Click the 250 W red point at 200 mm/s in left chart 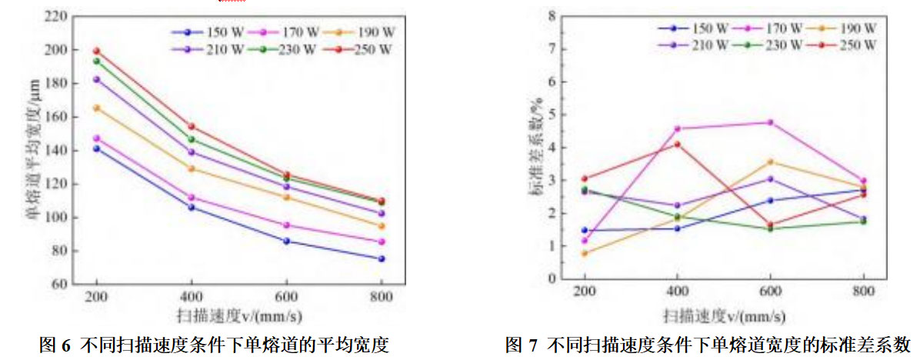click(x=97, y=52)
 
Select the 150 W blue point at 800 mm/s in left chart click(x=381, y=258)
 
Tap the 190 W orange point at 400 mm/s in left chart click(x=192, y=168)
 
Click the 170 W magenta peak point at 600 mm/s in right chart click(x=770, y=122)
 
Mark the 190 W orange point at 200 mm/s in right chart click(x=585, y=253)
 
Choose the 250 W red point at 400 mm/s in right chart click(x=677, y=144)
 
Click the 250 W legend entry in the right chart click(x=838, y=45)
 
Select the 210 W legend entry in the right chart click(x=693, y=45)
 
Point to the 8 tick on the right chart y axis click(x=551, y=15)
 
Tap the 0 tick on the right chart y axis click(x=551, y=279)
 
